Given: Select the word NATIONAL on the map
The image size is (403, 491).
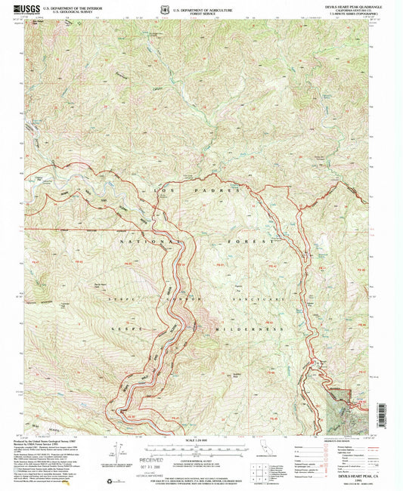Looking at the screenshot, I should point(151,241).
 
